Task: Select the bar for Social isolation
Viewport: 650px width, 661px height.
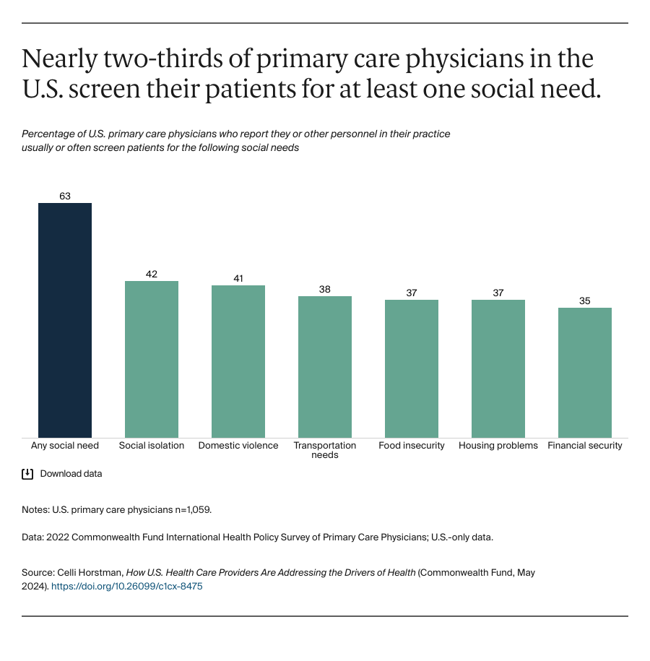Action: click(152, 359)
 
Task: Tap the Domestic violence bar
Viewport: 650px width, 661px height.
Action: click(238, 361)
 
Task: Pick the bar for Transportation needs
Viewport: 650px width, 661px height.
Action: click(325, 366)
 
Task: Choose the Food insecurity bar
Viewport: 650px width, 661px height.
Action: click(412, 368)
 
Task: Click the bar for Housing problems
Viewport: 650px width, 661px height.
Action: click(498, 368)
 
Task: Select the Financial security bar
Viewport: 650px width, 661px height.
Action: click(585, 372)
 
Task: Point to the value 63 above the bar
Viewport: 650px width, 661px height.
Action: click(65, 196)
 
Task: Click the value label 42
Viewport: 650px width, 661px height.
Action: click(152, 274)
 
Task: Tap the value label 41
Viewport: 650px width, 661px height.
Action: click(238, 278)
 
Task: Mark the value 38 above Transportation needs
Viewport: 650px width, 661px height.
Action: click(325, 289)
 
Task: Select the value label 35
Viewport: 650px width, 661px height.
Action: click(585, 301)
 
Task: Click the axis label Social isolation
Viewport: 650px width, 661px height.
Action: click(152, 446)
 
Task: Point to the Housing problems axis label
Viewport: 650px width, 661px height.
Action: click(498, 446)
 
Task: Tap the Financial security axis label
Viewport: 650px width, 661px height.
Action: click(585, 446)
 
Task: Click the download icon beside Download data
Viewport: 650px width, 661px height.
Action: click(27, 474)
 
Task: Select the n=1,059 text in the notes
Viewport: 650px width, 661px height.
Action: click(188, 509)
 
